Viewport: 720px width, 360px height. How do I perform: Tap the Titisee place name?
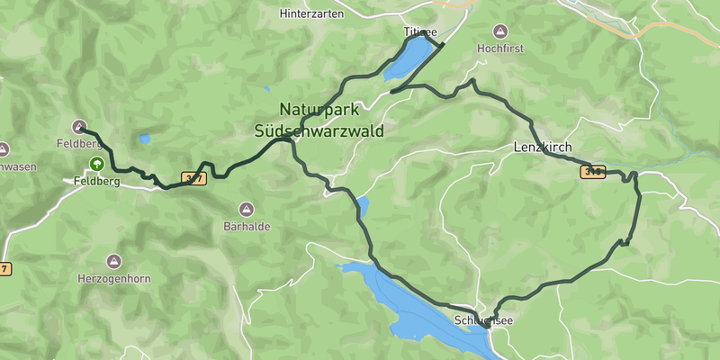point(418,31)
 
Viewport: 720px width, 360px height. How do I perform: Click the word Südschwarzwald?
point(319,130)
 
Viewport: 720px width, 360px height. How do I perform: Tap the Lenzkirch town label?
point(544,147)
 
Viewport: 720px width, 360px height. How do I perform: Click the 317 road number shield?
point(193,178)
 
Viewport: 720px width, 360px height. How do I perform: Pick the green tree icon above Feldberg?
point(95,164)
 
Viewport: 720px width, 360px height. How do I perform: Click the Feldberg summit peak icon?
point(79,127)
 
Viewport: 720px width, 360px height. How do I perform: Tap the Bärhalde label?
point(247,227)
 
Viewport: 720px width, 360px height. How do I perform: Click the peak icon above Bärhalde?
point(247,209)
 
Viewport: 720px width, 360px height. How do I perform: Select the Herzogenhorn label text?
point(113,279)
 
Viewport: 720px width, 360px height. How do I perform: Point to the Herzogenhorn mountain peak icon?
point(113,261)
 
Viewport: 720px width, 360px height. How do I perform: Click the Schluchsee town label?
point(484,320)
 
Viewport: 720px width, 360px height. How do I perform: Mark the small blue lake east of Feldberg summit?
point(145,139)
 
